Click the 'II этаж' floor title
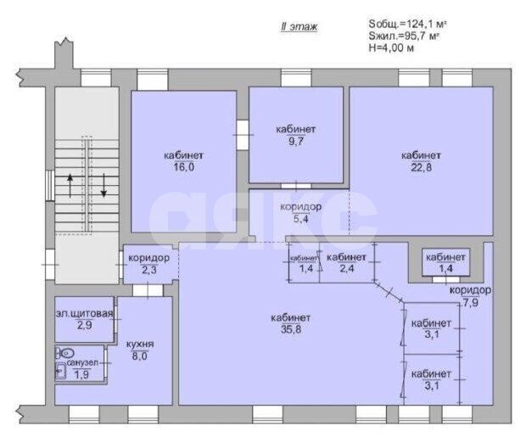[299, 27]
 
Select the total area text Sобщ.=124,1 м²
[407, 24]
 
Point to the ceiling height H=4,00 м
[391, 48]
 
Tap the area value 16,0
[184, 167]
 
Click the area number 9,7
[296, 142]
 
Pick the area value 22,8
[422, 167]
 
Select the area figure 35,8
[291, 329]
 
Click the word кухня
[140, 344]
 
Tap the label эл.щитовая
[84, 314]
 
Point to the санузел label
[82, 363]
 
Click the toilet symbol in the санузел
[65, 353]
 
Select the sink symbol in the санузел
[61, 371]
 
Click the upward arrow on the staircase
[70, 186]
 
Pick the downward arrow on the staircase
[104, 185]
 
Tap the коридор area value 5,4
[301, 219]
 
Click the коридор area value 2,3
[149, 270]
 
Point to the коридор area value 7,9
[471, 304]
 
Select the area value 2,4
[346, 268]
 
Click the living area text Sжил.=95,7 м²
[404, 36]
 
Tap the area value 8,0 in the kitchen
[139, 356]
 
